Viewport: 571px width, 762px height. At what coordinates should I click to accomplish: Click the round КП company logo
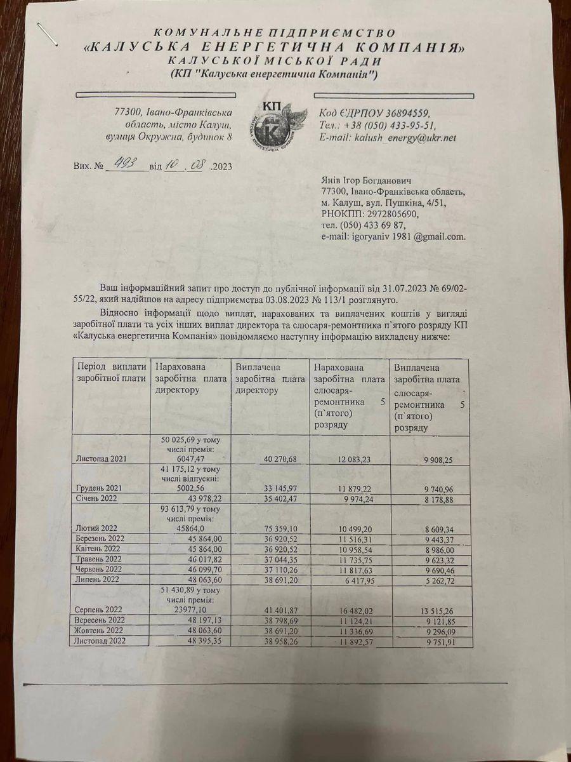pyautogui.click(x=277, y=121)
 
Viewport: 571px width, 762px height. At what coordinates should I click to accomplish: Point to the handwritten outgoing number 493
pyautogui.click(x=121, y=165)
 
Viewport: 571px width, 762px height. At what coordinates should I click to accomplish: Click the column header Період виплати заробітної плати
pyautogui.click(x=110, y=373)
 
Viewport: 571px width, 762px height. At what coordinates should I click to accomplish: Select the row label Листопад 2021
pyautogui.click(x=102, y=458)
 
